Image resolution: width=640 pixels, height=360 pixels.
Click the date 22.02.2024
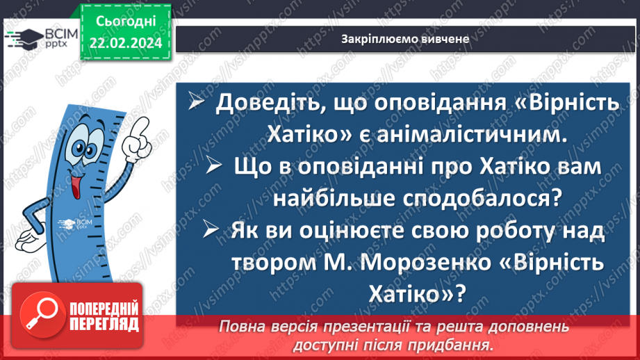126,43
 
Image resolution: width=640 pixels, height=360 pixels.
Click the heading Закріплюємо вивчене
406,39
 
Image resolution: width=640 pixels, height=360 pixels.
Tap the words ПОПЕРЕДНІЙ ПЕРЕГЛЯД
102,316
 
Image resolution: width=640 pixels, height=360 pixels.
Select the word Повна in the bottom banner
244,327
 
